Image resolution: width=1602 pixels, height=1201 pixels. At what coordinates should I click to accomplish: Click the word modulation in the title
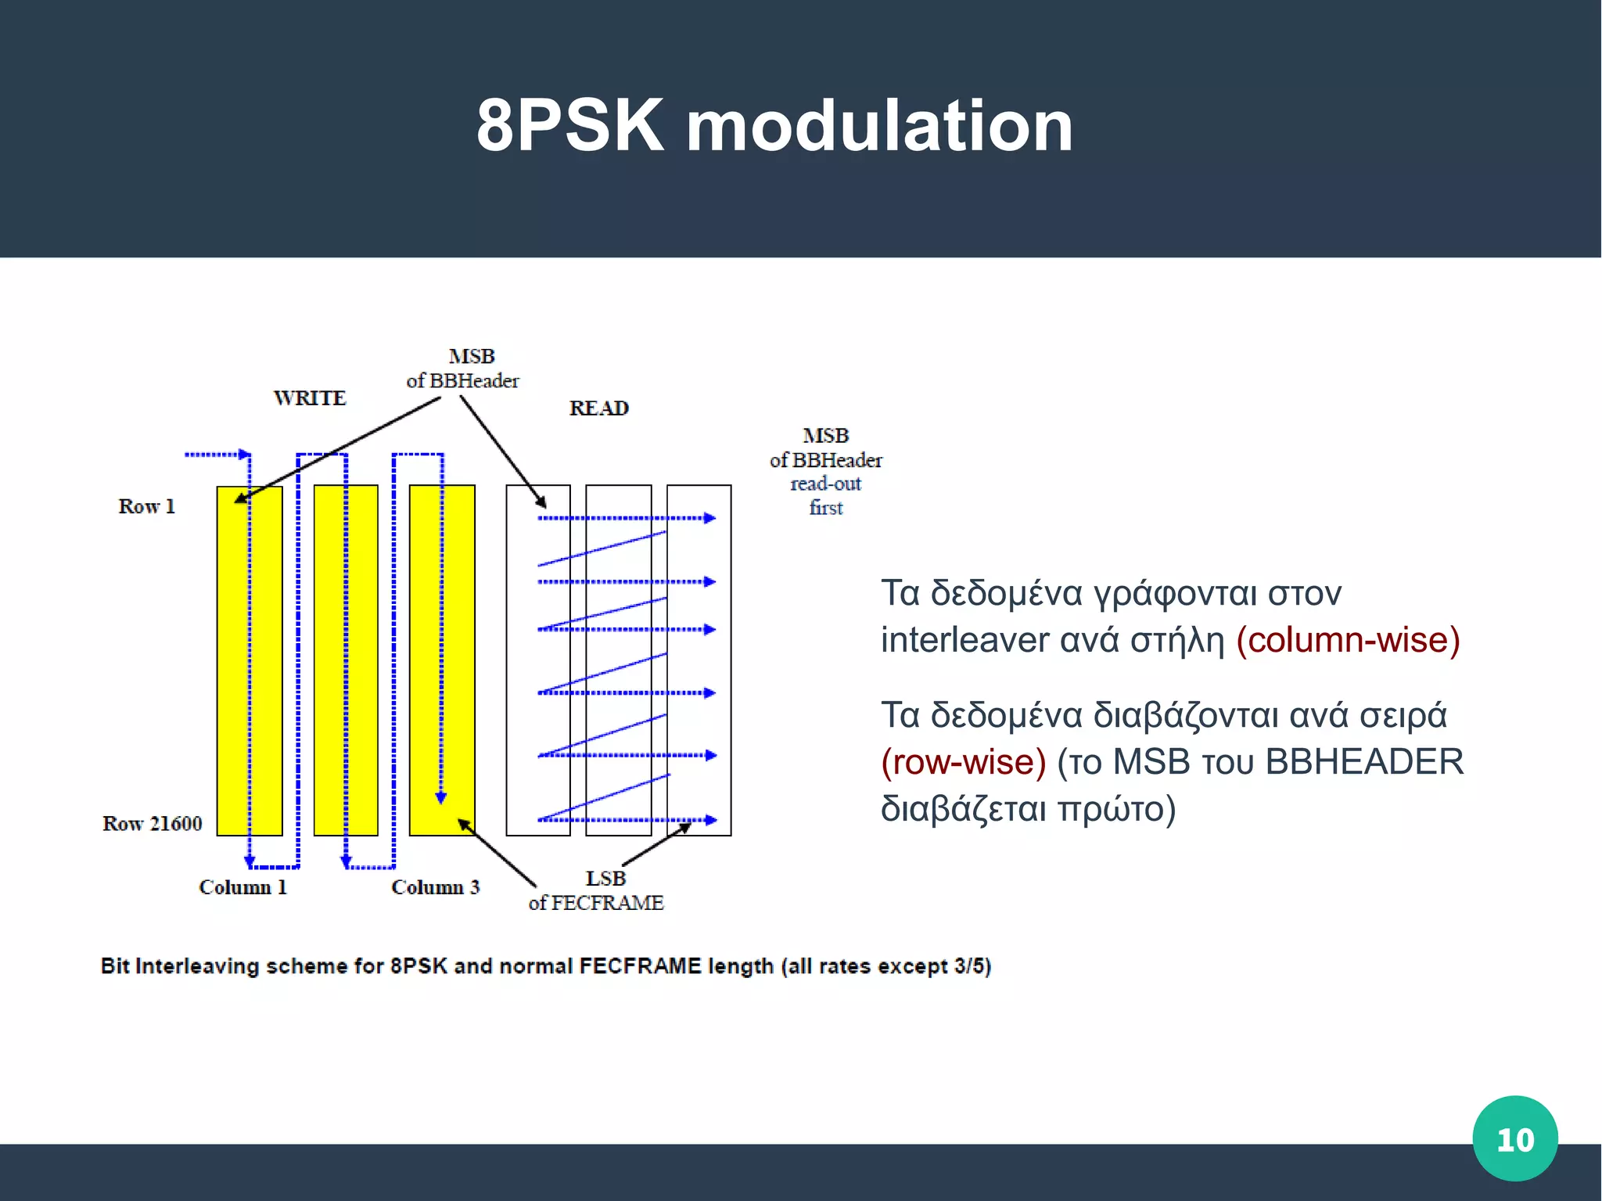click(x=879, y=127)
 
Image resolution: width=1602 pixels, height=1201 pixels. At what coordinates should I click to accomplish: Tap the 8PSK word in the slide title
click(x=570, y=127)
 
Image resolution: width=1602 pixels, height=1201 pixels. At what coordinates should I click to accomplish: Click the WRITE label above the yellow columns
click(x=310, y=398)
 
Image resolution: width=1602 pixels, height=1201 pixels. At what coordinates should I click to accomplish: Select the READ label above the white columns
click(x=598, y=408)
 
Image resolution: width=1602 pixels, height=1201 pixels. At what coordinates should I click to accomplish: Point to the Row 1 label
click(x=146, y=506)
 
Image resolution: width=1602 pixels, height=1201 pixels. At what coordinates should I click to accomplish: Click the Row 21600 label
click(x=152, y=824)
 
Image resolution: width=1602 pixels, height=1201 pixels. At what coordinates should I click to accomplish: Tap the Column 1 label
click(x=242, y=887)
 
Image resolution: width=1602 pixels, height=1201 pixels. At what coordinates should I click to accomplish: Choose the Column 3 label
click(x=435, y=887)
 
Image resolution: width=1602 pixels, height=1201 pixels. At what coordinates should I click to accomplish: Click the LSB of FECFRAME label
click(x=596, y=890)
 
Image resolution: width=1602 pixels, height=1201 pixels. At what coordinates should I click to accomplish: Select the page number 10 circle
click(x=1514, y=1138)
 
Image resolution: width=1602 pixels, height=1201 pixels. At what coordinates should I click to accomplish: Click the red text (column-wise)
click(x=1348, y=640)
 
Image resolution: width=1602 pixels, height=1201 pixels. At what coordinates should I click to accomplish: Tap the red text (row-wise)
click(x=963, y=762)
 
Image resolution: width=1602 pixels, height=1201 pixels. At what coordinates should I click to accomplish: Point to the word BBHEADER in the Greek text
click(x=1364, y=762)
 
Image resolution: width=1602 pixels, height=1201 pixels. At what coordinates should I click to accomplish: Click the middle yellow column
click(x=346, y=660)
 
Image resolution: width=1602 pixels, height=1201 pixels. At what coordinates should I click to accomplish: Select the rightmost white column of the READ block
click(x=699, y=660)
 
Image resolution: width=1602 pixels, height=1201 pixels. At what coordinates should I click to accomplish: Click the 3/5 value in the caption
click(x=968, y=966)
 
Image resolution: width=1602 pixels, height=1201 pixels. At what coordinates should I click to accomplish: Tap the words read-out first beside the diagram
click(x=825, y=496)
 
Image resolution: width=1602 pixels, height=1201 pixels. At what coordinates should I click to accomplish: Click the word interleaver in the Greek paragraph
click(x=964, y=640)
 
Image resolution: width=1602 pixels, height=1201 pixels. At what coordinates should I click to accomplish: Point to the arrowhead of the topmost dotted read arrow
click(x=710, y=518)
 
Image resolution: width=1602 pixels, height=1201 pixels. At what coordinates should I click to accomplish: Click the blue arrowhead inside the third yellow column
click(x=441, y=798)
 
